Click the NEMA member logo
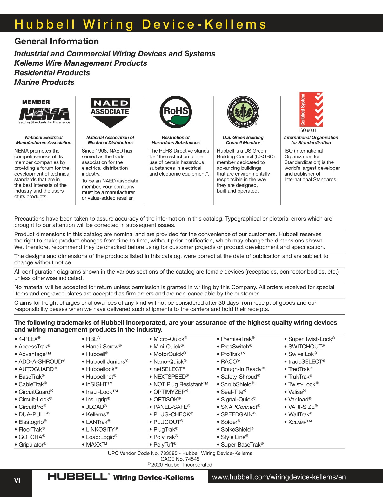(x=44, y=112)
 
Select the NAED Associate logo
(x=110, y=112)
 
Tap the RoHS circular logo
(x=176, y=112)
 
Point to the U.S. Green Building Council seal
(x=243, y=111)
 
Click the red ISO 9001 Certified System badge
(x=311, y=110)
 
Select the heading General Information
(x=57, y=41)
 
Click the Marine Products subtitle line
(x=44, y=82)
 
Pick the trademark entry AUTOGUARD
(x=37, y=369)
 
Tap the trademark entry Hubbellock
(x=102, y=369)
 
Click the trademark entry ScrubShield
(x=238, y=384)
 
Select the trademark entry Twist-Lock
(x=303, y=384)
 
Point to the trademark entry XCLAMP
(x=300, y=422)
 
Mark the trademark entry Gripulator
(x=32, y=445)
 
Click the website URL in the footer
(x=279, y=477)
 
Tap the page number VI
(x=17, y=480)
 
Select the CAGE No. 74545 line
(x=180, y=459)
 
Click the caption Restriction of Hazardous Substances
(x=176, y=140)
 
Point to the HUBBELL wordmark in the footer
(x=77, y=477)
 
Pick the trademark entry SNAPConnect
(x=240, y=407)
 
